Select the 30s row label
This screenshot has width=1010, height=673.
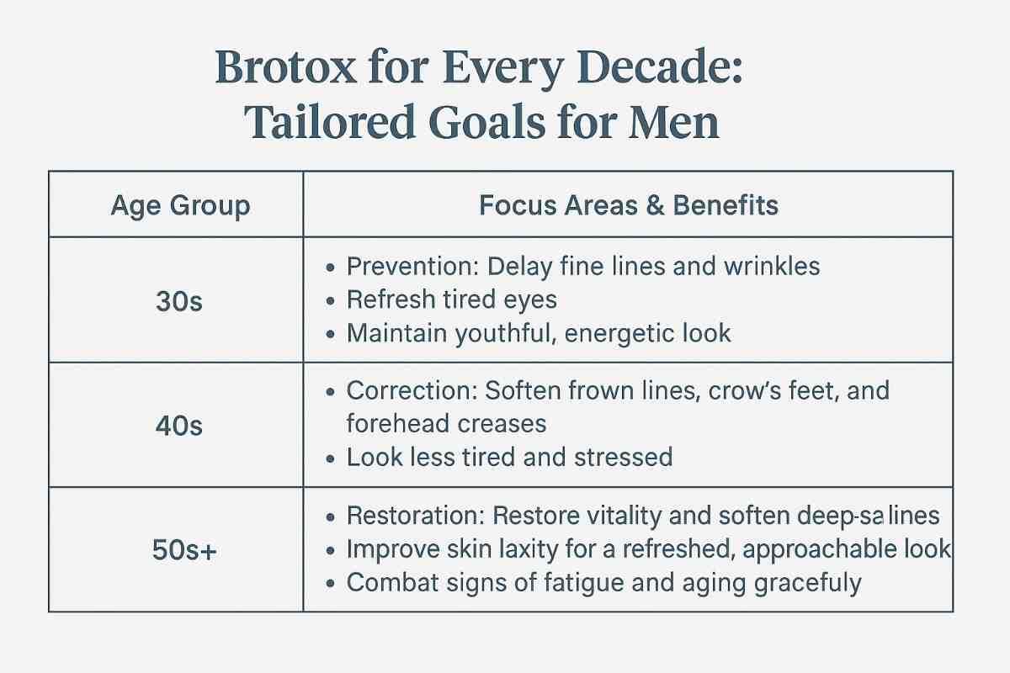(179, 302)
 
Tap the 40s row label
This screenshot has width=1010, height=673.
(179, 426)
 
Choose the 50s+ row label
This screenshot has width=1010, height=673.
(179, 551)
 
